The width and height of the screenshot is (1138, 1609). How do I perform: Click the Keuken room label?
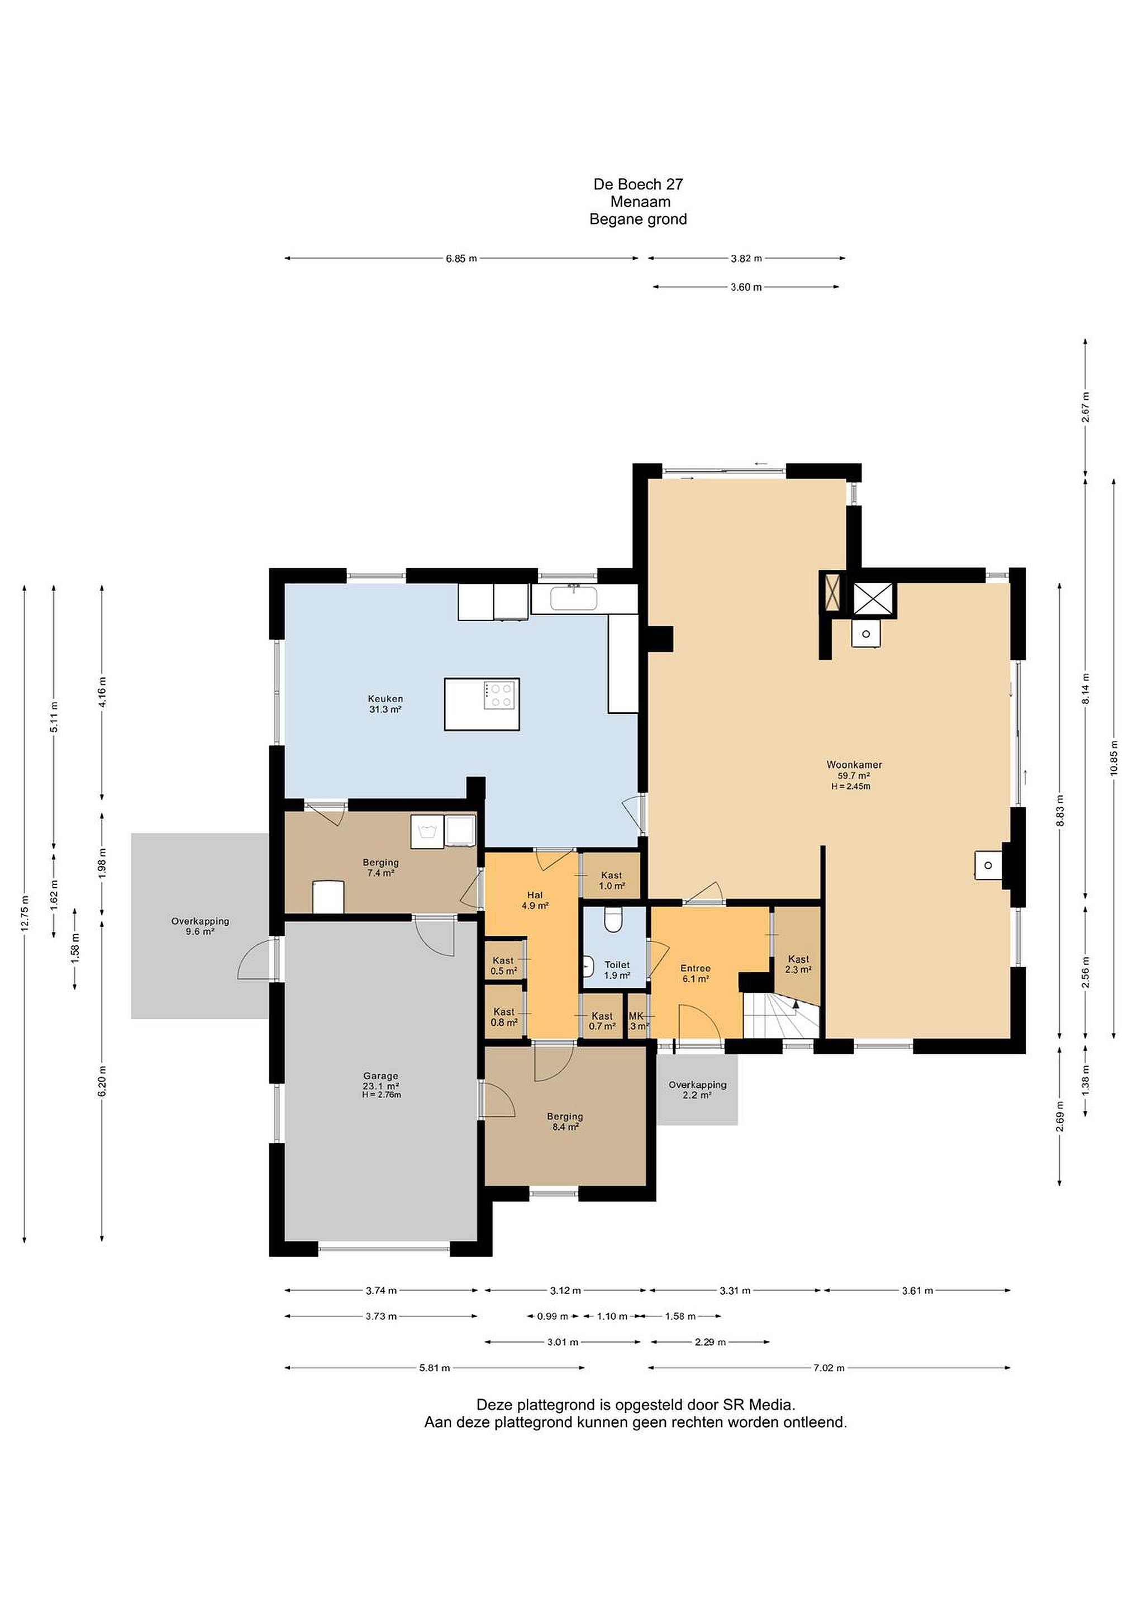[x=385, y=703]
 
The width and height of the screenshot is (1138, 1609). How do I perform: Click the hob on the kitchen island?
[x=501, y=694]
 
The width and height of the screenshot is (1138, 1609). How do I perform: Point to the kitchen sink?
[x=573, y=598]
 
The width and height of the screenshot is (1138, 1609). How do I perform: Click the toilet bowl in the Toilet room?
[x=613, y=920]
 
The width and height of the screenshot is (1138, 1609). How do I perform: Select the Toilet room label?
[x=617, y=970]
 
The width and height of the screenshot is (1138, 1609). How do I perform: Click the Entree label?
[x=695, y=973]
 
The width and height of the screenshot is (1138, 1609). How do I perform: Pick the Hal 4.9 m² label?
[x=535, y=900]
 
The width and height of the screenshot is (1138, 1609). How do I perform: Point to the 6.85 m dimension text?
[x=461, y=258]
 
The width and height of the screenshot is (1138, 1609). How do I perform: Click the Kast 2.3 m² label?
[x=798, y=964]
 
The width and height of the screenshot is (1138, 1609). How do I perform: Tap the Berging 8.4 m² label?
[x=565, y=1121]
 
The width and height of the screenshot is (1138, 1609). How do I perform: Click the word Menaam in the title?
[x=640, y=202]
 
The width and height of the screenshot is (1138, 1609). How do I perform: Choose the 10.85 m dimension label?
[x=1113, y=758]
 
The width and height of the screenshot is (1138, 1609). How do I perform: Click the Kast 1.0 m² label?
[x=611, y=880]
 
